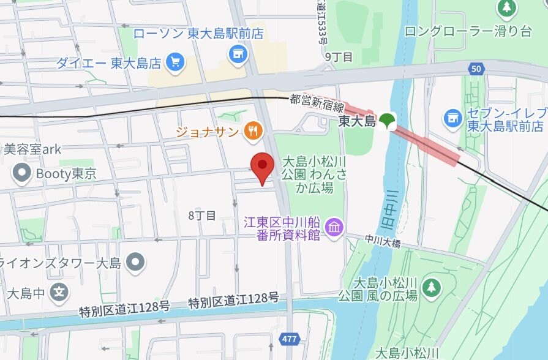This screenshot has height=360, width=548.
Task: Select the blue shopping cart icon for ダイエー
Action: tap(176, 62)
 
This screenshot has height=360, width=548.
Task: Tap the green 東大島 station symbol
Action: tap(386, 121)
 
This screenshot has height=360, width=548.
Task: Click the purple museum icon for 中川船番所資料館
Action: tap(334, 228)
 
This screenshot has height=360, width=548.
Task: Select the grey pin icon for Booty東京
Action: tap(23, 173)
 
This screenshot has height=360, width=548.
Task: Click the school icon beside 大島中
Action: tap(58, 292)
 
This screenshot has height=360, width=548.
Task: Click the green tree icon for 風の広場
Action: tap(432, 288)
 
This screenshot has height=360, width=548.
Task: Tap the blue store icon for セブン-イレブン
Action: tap(453, 118)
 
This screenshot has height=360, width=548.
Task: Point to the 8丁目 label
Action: tap(202, 216)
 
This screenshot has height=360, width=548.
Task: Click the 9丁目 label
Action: tap(339, 57)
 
